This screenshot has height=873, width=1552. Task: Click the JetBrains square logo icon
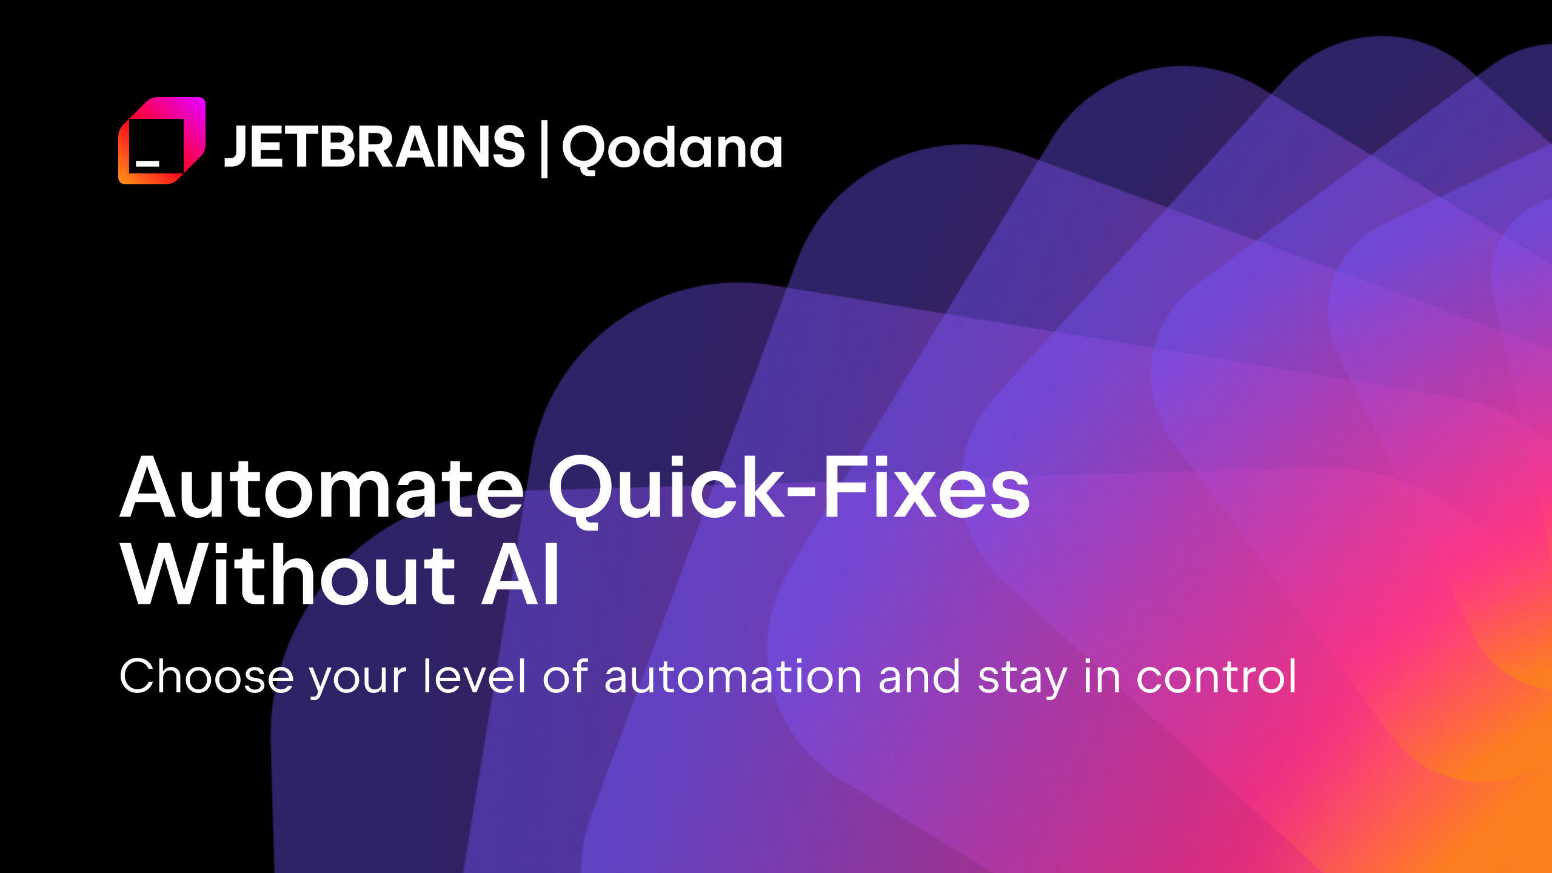[162, 141]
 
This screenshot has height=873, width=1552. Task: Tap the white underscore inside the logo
[147, 163]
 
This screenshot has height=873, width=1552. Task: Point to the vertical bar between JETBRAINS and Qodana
[544, 149]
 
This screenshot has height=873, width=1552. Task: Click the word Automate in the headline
[322, 489]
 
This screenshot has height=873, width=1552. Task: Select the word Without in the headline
[289, 575]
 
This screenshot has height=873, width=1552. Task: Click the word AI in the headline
[521, 575]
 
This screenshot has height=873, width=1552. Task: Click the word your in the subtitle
[358, 679]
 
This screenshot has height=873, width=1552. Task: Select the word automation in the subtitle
[733, 677]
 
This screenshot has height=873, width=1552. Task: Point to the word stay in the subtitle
[1022, 679]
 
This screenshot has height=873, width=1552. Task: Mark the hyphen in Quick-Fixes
[803, 497]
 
